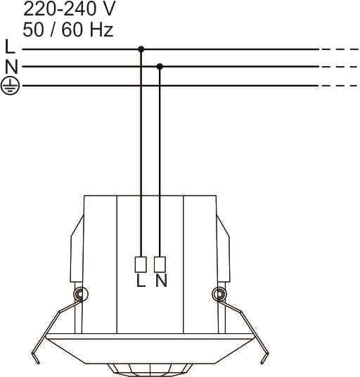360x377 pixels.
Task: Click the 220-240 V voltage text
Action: [69, 8]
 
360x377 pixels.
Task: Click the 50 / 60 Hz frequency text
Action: [68, 30]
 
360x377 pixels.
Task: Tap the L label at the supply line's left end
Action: [10, 46]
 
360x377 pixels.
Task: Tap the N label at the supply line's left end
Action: [11, 67]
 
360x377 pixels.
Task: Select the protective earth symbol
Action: [10, 86]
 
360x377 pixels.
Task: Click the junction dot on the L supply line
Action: [141, 49]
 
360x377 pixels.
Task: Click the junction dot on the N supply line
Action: [160, 67]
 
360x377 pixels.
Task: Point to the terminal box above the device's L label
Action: [141, 264]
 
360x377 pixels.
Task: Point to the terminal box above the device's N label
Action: [160, 264]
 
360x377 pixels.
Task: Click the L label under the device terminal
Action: [141, 281]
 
